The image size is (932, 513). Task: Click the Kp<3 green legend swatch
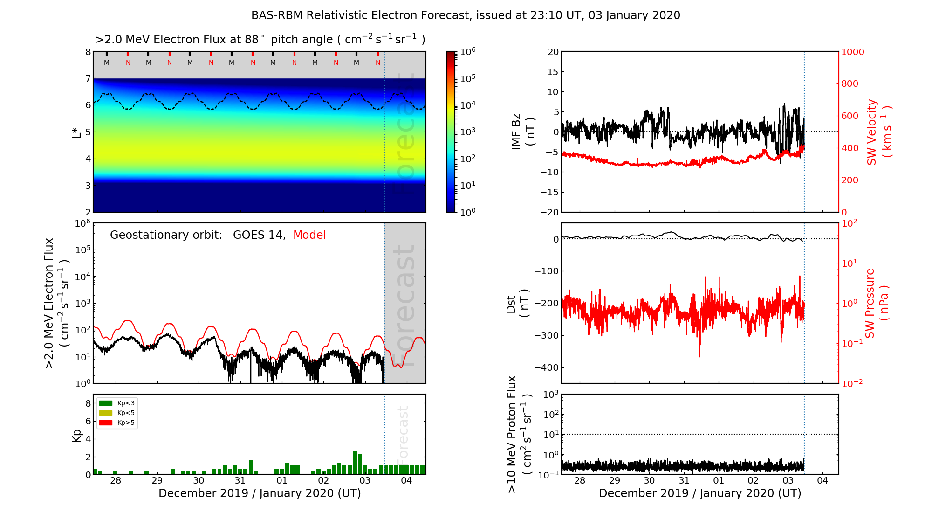click(106, 403)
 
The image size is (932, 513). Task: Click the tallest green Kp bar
click(355, 462)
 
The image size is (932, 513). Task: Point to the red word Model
click(309, 235)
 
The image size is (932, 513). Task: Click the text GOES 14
click(259, 235)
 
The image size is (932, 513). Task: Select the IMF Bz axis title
click(523, 132)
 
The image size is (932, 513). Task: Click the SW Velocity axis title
click(879, 132)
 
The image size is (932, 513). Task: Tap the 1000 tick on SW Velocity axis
click(852, 52)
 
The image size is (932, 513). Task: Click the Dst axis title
click(517, 304)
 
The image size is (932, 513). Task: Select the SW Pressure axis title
click(877, 304)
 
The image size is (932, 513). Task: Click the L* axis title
click(76, 132)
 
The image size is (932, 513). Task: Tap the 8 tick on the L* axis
click(88, 52)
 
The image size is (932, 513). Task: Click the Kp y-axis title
click(77, 435)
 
